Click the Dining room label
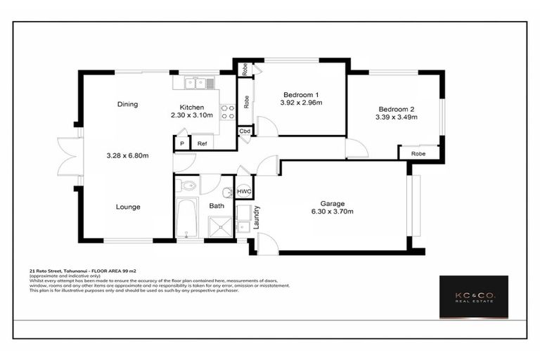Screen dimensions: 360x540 [x=127, y=105]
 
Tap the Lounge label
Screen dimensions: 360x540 [x=128, y=207]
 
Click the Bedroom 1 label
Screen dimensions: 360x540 [x=301, y=95]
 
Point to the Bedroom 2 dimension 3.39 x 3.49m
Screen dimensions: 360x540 [x=397, y=117]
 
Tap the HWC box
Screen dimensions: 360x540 [x=244, y=191]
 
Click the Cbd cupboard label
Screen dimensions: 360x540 [x=245, y=131]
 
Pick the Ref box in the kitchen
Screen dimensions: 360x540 [x=202, y=143]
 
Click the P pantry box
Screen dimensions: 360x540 [x=181, y=143]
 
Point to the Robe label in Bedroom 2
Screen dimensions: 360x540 [x=418, y=153]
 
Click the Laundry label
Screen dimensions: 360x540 [x=257, y=217]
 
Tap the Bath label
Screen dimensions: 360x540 [x=217, y=206]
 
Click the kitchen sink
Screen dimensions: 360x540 [x=195, y=84]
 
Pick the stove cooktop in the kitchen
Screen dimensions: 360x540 [x=227, y=112]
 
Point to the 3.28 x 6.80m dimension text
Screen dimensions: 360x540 [x=127, y=156]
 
